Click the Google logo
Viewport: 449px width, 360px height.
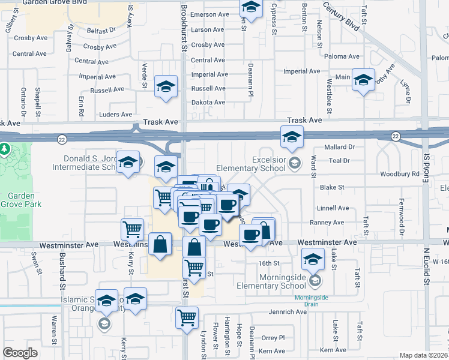(20, 353)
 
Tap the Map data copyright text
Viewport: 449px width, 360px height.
(424, 355)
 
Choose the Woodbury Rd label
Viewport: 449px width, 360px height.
(399, 174)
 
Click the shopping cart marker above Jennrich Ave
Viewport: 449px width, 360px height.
(187, 316)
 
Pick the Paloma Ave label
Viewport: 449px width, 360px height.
(342, 56)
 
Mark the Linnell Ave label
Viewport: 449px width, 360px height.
(334, 208)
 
